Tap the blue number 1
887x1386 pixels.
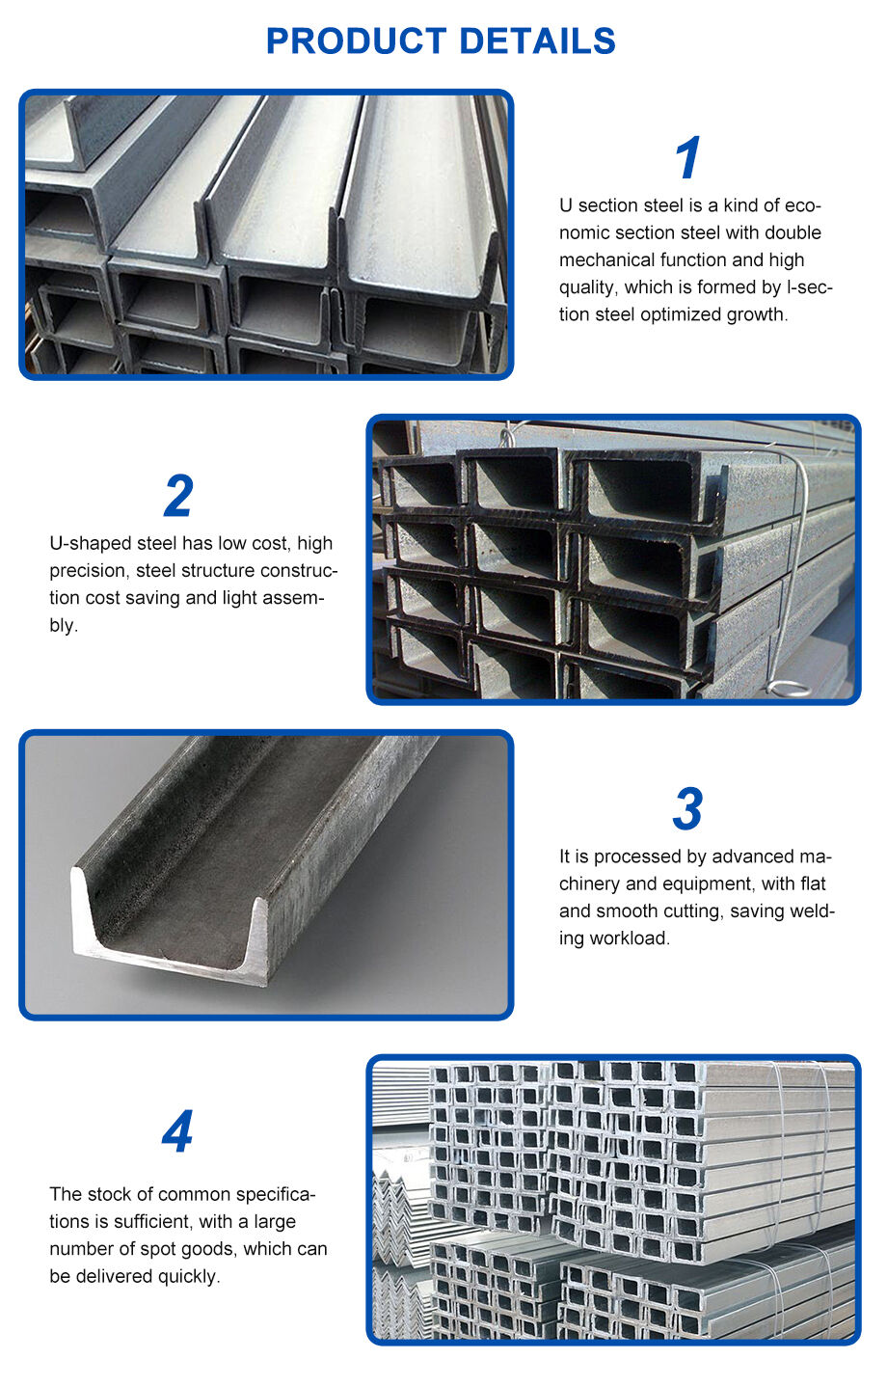(687, 158)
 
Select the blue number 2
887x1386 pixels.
(178, 497)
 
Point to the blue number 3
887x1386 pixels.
(687, 809)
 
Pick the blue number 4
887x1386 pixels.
(177, 1132)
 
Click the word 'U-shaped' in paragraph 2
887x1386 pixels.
(90, 544)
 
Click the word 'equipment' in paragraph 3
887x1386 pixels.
(708, 883)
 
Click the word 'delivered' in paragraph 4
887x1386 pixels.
(111, 1276)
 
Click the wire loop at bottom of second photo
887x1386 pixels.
(789, 688)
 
